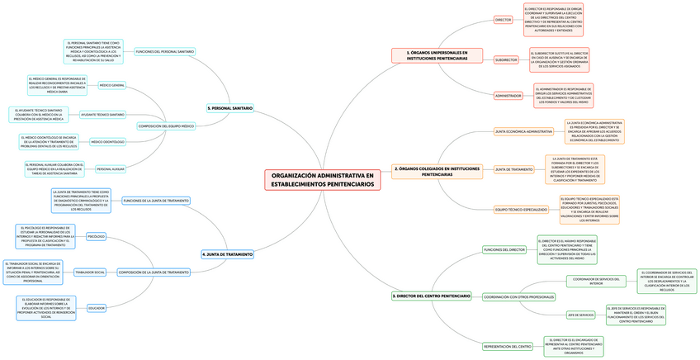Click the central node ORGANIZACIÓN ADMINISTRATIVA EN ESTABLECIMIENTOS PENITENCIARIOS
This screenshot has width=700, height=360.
coord(322,179)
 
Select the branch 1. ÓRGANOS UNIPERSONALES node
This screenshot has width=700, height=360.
coord(437,55)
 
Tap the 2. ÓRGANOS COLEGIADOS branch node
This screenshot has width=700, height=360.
coord(437,172)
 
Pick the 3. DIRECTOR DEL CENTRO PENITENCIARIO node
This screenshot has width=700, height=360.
coord(432,296)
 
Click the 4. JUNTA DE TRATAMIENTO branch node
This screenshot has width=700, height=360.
coord(227,254)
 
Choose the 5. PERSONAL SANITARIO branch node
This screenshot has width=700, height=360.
coord(230,108)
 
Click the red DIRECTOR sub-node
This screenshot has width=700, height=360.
coord(503,19)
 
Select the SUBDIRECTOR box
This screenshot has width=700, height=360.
coord(506,59)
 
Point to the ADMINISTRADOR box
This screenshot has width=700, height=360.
coord(508,96)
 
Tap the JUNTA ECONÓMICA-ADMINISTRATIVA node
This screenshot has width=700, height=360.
coord(523,131)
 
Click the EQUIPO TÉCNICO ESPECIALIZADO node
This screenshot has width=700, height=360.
coord(521,210)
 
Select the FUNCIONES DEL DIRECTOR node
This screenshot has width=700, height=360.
coord(504,249)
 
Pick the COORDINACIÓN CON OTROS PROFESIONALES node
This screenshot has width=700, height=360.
coord(518,296)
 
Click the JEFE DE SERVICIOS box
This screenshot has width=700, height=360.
coord(580,315)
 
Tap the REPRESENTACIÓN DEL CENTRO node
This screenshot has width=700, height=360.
coord(508,346)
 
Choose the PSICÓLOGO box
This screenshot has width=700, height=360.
coord(96,236)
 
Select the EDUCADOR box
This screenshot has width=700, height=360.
coord(97,308)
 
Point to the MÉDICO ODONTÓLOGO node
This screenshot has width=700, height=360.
coord(107,142)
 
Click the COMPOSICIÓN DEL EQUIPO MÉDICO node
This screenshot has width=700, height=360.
coord(166,126)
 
